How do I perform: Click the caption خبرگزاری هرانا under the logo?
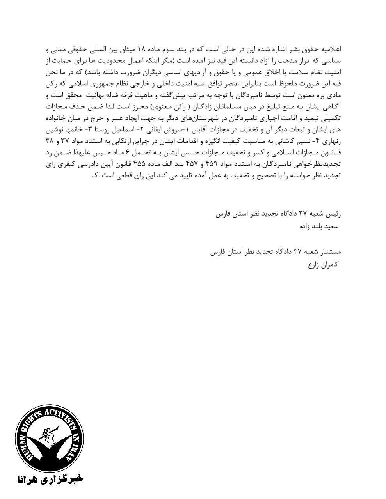point(49,479)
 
